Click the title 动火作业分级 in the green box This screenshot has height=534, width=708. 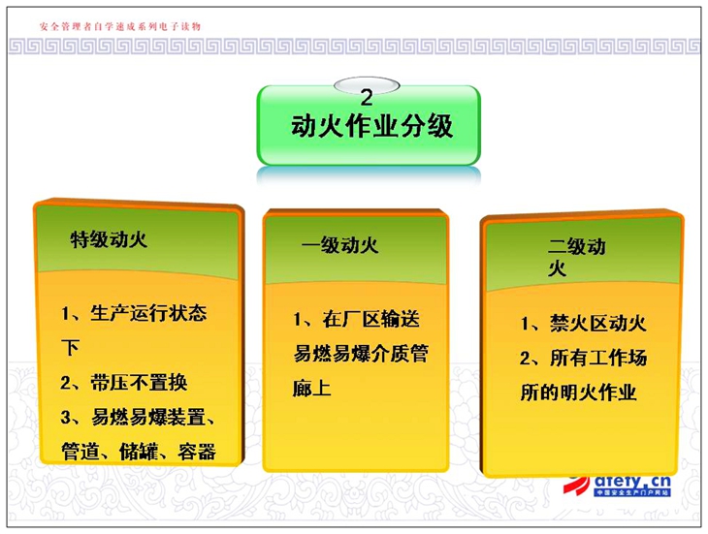pos(371,126)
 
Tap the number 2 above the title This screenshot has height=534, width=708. pos(367,98)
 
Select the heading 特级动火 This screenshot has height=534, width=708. pos(109,239)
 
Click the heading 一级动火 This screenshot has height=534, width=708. pos(339,245)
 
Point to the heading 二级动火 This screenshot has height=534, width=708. pos(577,258)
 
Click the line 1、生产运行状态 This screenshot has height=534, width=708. pos(134,313)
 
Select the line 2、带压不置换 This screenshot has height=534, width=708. pos(124,383)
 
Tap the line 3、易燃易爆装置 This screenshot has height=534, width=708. pos(138,417)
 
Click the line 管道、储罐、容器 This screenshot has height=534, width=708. pos(139,452)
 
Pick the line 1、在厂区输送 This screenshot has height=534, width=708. pos(356,319)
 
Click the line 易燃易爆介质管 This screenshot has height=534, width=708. pos(361,353)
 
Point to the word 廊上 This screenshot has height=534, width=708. pos(312,388)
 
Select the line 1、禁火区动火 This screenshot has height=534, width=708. pos(584,324)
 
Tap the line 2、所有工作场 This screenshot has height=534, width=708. pos(584,359)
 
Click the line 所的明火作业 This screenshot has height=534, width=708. pos(578,393)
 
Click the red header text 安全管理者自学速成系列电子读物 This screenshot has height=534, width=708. pos(119,26)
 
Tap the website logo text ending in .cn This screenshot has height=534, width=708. pos(632,481)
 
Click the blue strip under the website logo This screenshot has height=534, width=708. pos(632,492)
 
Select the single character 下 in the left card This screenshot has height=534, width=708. pos(70,348)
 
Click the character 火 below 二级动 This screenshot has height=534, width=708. pos(557,268)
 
